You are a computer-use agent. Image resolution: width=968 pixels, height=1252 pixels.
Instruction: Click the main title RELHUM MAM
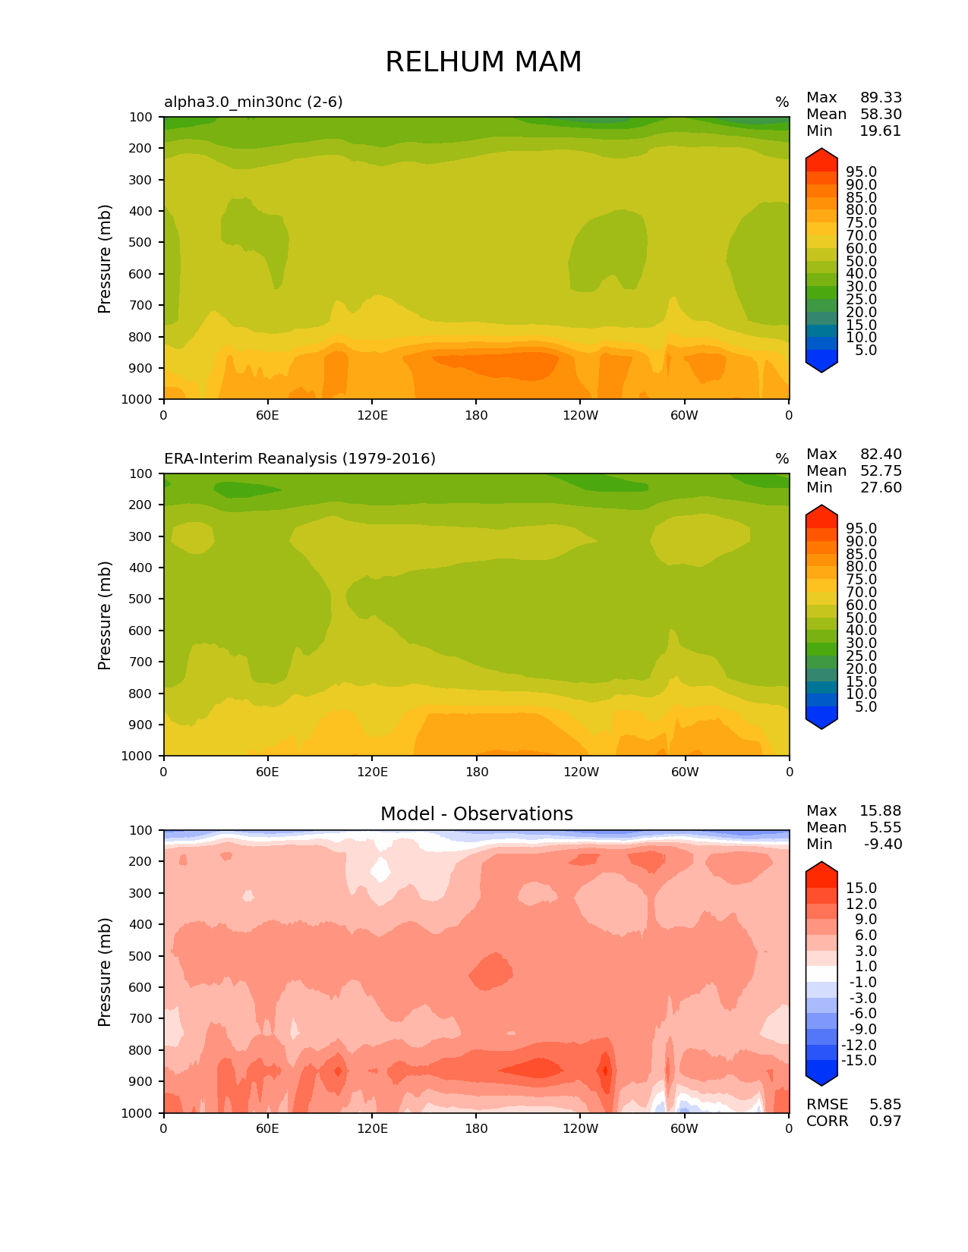[x=483, y=62]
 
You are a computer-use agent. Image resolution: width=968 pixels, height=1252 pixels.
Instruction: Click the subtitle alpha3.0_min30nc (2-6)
[x=254, y=102]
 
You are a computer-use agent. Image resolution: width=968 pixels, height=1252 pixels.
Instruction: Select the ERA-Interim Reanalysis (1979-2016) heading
[x=300, y=458]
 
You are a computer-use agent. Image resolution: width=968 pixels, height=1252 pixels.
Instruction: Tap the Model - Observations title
[x=476, y=814]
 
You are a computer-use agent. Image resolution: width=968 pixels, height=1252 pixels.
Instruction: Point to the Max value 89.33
[x=881, y=98]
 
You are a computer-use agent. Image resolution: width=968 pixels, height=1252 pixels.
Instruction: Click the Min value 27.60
[x=881, y=488]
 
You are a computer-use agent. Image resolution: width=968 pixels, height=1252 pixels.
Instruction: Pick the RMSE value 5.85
[x=885, y=1105]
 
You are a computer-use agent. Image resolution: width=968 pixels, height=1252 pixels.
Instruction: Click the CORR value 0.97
[x=885, y=1121]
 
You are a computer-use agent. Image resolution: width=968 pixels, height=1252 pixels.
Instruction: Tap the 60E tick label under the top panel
[x=267, y=415]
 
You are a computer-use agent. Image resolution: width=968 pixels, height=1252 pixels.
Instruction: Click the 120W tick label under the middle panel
[x=581, y=772]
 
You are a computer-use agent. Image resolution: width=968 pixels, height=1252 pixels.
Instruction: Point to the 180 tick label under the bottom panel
[x=476, y=1128]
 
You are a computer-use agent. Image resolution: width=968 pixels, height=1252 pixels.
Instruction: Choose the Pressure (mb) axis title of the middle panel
[x=105, y=615]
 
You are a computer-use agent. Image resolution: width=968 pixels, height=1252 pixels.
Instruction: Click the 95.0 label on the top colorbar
[x=862, y=172]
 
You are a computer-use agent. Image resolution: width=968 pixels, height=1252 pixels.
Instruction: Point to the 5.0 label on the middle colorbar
[x=866, y=707]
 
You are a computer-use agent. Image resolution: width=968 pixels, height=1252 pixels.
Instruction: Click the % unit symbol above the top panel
[x=782, y=102]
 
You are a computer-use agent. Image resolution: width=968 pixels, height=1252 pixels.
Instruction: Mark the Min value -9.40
[x=883, y=845]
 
